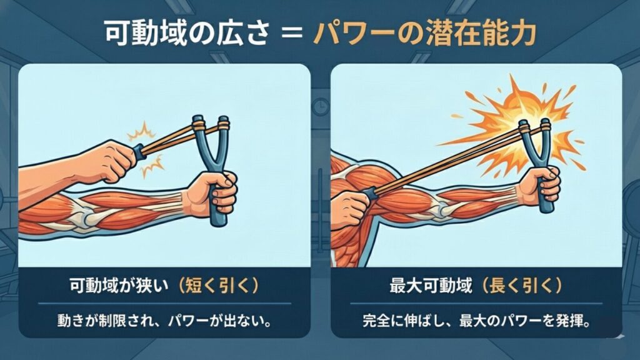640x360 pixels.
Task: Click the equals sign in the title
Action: [x=292, y=33]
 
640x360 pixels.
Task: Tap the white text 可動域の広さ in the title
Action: [x=186, y=33]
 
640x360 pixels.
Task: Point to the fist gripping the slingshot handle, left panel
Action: [x=212, y=192]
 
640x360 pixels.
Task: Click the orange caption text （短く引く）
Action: [x=217, y=285]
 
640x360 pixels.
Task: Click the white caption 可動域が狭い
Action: [x=119, y=285]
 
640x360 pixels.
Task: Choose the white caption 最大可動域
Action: [x=431, y=285]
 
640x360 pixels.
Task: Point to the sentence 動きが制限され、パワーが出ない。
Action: [x=164, y=321]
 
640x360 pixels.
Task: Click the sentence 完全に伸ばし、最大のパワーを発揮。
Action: [x=476, y=321]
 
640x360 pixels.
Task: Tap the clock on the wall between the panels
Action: [x=321, y=106]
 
